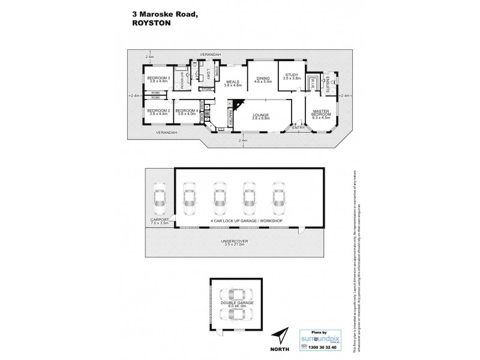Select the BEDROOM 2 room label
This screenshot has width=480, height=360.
[x=159, y=112]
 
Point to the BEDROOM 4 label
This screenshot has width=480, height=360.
[x=188, y=112]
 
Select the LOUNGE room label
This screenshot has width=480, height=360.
[x=261, y=116]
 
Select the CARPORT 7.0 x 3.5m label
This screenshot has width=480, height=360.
[x=160, y=222]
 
